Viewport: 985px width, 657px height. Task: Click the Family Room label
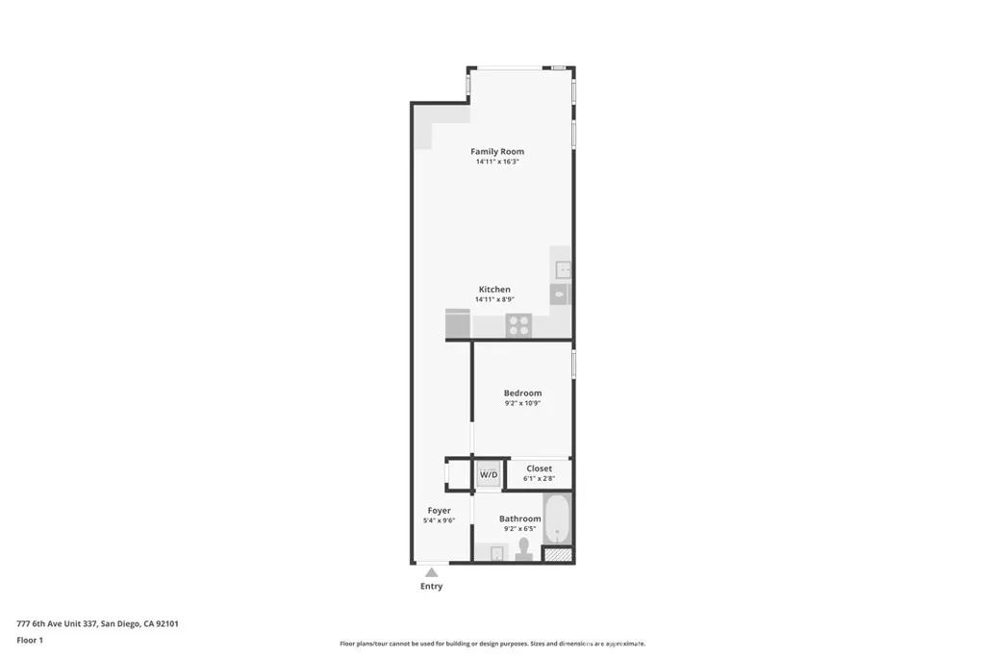click(497, 151)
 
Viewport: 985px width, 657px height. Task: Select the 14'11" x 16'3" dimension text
click(497, 162)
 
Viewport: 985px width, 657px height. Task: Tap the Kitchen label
click(494, 290)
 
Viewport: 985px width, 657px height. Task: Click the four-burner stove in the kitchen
click(518, 325)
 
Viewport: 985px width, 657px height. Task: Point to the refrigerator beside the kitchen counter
click(458, 323)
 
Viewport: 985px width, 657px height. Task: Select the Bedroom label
click(522, 392)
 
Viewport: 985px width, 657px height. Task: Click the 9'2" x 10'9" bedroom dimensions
click(522, 403)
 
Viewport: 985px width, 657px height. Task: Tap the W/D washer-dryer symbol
click(489, 474)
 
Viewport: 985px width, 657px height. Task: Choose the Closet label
click(539, 468)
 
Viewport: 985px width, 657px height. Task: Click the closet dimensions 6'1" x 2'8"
click(539, 478)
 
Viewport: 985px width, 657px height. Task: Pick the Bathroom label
click(519, 518)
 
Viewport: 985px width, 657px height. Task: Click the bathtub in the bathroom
click(557, 519)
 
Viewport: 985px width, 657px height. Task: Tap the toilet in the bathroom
click(523, 549)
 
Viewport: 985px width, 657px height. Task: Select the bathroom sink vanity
click(493, 552)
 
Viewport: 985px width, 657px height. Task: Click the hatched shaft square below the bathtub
click(557, 554)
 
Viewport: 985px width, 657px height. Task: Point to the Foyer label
click(439, 511)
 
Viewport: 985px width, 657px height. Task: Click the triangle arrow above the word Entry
click(432, 572)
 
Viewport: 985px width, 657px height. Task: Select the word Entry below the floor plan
click(432, 586)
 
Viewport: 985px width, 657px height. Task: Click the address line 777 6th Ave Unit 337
click(97, 623)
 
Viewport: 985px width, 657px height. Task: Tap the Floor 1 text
click(30, 640)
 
